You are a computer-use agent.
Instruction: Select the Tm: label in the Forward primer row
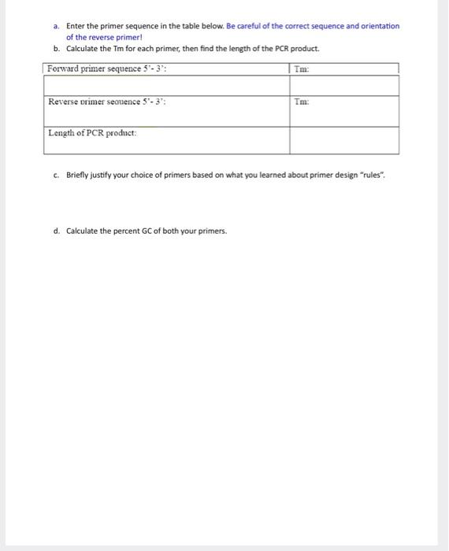[x=300, y=69]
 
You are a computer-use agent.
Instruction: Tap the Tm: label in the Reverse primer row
[x=301, y=102]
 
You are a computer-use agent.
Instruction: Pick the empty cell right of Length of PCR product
[x=343, y=139]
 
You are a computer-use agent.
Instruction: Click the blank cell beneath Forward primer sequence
[x=165, y=85]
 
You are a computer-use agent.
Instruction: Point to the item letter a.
[x=57, y=26]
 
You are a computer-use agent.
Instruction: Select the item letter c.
[x=57, y=175]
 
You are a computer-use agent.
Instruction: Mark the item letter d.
[x=57, y=231]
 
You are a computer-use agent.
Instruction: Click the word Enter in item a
[x=76, y=26]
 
